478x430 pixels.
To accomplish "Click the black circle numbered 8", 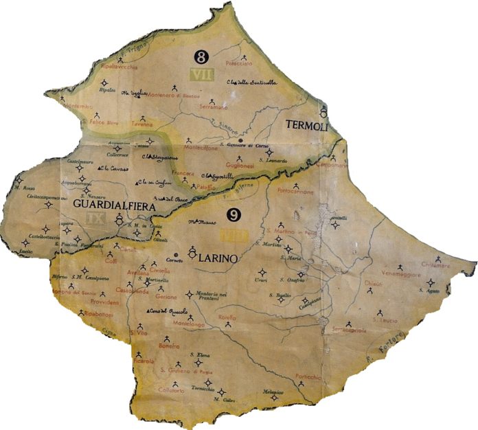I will tap(201, 56).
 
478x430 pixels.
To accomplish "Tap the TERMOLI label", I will tap(306, 126).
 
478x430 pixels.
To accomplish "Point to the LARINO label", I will tap(216, 260).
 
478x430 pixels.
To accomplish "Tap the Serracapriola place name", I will tap(350, 330).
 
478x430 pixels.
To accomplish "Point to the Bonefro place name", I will tap(169, 346).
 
